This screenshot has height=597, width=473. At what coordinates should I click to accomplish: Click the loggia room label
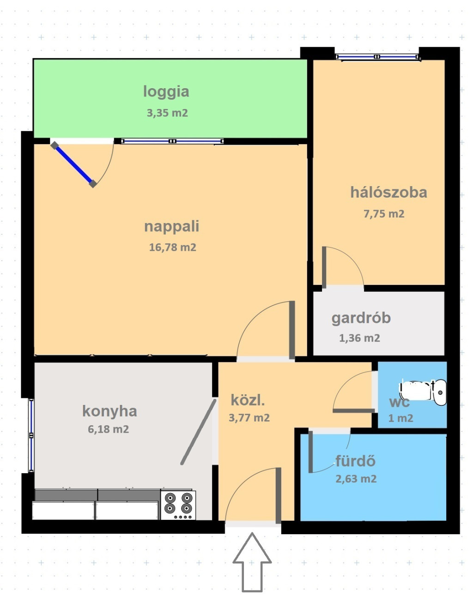click(166, 92)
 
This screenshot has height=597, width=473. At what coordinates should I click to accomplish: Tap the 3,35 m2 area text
click(167, 113)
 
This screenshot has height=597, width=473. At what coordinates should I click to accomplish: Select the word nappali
click(171, 227)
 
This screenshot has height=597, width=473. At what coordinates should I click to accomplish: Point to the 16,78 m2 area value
click(172, 247)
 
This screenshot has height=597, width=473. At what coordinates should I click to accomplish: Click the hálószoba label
click(388, 192)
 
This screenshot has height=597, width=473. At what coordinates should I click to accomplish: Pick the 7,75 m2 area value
click(384, 214)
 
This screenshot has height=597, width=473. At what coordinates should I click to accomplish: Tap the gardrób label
click(361, 319)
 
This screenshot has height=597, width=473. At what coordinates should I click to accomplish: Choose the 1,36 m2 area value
click(359, 338)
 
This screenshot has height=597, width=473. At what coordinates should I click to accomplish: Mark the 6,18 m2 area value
click(108, 429)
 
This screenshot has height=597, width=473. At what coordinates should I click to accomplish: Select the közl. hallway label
click(248, 401)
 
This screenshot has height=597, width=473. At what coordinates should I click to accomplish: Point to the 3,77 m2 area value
click(249, 417)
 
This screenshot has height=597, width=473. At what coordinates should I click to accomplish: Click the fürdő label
click(355, 461)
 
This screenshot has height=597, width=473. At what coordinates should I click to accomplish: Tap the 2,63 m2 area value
click(356, 478)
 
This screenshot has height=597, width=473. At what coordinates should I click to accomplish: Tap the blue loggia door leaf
click(74, 165)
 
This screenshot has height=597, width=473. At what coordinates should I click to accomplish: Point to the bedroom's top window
click(376, 57)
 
